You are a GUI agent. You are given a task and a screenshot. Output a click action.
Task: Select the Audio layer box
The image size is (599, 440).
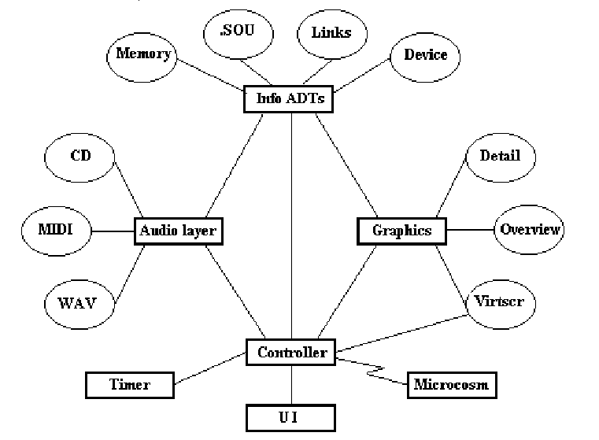pos(177,231)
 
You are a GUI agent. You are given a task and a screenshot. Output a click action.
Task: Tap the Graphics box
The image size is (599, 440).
pos(401,231)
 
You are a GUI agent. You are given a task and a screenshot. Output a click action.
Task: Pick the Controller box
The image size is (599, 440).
pos(291,352)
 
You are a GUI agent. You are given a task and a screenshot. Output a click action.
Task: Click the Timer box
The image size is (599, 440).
pos(129,385)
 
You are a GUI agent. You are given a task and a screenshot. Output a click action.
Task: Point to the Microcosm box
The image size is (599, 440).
pos(451,385)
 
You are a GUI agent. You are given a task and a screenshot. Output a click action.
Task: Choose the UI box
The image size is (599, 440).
pos(291,416)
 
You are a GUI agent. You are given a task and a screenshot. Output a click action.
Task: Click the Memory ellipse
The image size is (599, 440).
pos(142,54)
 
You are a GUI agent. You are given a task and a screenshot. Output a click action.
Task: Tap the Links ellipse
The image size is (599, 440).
pos(331,33)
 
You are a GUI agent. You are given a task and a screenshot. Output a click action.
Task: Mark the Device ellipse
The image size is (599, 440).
pos(425,55)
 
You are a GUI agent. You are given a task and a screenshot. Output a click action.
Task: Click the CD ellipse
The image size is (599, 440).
pos(80,155)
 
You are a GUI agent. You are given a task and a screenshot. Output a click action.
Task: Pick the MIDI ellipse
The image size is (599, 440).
pos(54,231)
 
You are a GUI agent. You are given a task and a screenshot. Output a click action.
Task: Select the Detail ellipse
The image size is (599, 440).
pos(500,155)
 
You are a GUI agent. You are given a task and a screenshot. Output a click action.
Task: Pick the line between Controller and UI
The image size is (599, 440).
pos(292,384)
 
